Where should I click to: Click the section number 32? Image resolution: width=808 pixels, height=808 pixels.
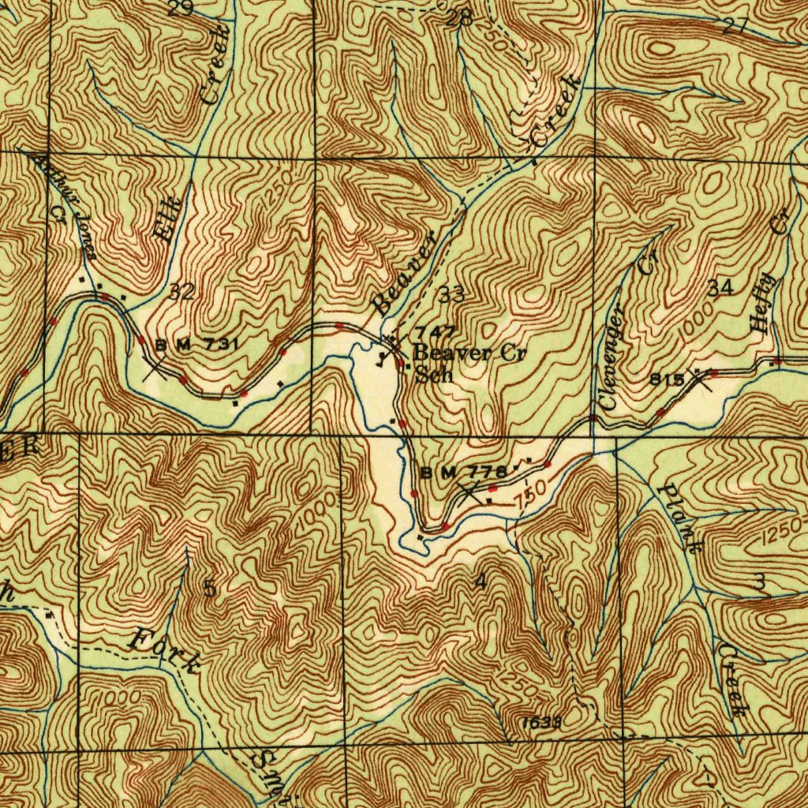(x=181, y=292)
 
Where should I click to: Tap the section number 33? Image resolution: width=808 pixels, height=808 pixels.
(x=452, y=296)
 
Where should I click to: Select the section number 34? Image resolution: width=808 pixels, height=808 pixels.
(x=720, y=289)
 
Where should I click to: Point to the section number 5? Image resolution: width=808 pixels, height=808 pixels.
(x=209, y=588)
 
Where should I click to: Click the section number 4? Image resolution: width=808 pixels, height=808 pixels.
(x=481, y=582)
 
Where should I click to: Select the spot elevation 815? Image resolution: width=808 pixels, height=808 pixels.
(x=667, y=380)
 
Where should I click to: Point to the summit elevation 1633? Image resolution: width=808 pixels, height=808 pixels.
(x=541, y=722)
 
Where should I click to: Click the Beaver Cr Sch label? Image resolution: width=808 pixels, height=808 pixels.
(x=466, y=363)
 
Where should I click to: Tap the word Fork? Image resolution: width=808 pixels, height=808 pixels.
(x=163, y=651)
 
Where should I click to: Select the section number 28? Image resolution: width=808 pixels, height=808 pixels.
(x=459, y=19)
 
